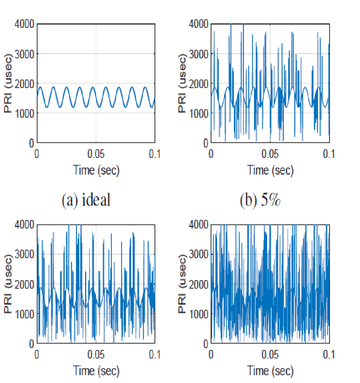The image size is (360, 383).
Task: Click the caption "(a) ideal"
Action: (86, 200)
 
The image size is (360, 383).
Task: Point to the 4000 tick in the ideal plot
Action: (25, 24)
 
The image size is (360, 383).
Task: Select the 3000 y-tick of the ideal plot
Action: (25, 54)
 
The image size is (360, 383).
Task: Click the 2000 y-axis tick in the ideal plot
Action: (25, 84)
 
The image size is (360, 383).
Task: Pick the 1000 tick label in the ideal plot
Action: (25, 113)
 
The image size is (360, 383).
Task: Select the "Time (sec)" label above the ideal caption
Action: (96, 170)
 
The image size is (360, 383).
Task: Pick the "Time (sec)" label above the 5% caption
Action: (270, 170)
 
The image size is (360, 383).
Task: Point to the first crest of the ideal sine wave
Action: (40, 87)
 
